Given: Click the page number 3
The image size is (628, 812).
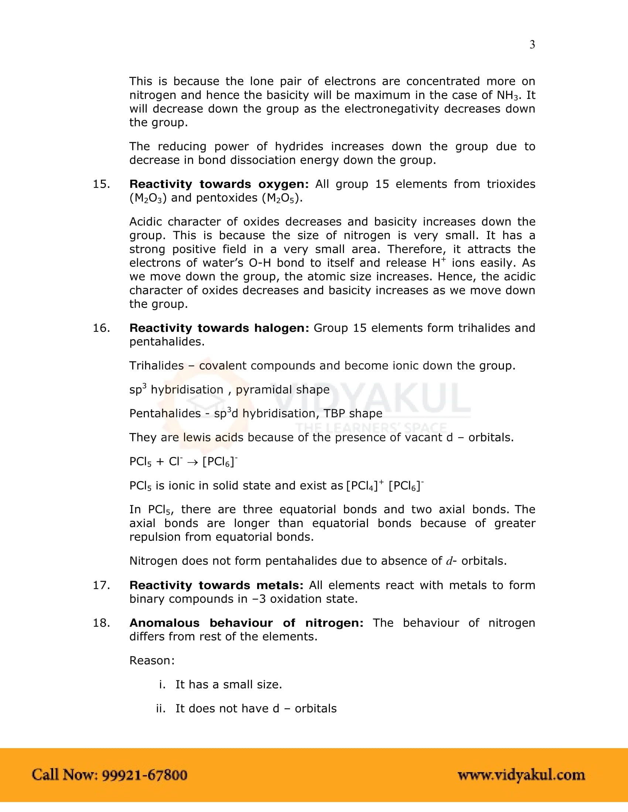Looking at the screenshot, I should (532, 45).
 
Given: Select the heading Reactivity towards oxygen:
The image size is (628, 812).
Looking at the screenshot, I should (219, 184).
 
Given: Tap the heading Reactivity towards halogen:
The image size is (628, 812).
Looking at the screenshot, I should (219, 328).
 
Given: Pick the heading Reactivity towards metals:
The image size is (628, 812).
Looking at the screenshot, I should (216, 585).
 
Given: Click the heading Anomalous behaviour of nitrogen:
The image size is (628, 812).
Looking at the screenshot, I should (246, 623).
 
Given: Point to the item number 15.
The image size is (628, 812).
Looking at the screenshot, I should (101, 184).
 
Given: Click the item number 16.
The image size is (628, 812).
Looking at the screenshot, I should (101, 328).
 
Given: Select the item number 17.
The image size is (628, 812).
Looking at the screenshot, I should (101, 585).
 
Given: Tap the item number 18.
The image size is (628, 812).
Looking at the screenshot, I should (101, 623).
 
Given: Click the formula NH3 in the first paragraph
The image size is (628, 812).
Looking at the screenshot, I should (508, 96).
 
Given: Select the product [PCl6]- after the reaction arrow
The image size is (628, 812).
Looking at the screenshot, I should (220, 461).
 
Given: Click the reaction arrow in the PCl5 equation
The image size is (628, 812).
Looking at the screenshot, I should (192, 462).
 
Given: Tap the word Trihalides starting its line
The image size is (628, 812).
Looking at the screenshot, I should (156, 366).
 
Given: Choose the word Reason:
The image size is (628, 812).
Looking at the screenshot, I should (152, 661).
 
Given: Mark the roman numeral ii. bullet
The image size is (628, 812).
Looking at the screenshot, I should (161, 709).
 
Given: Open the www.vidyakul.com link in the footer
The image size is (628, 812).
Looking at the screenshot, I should (521, 775).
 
